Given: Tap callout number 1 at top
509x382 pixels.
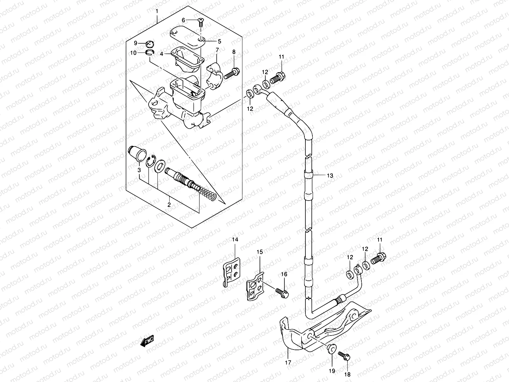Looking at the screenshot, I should pos(157,12).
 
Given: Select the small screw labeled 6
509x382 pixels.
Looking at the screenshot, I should pos(201,22).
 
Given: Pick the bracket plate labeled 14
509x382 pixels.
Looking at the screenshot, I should pos(231,269).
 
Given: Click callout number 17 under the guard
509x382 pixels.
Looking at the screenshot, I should pos(288,362).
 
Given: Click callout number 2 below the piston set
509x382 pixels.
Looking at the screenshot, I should pos(169,205).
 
